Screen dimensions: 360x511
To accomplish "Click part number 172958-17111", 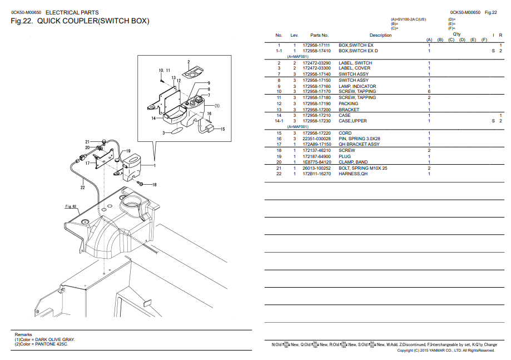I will (x=316, y=45).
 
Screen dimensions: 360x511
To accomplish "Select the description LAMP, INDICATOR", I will (x=357, y=86).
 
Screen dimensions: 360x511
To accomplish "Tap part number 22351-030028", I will (x=316, y=139).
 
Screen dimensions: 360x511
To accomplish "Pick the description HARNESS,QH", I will (x=353, y=174).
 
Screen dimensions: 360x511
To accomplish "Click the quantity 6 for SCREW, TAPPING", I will (x=429, y=92).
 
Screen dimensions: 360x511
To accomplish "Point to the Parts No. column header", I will (x=319, y=35).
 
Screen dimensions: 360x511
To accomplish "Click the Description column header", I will (x=380, y=35).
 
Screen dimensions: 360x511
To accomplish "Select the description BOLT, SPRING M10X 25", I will (x=363, y=168).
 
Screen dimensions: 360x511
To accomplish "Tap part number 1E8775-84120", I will (x=316, y=162).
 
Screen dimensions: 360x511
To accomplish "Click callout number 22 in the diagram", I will (x=82, y=188).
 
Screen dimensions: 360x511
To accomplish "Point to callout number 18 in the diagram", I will (x=154, y=184).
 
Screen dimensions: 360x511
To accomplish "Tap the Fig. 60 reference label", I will (x=71, y=206).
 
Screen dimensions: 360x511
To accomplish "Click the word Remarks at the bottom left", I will (x=23, y=334).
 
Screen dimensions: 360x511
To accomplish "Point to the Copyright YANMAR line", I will (x=445, y=351).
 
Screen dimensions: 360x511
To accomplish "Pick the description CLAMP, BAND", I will (x=353, y=162).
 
